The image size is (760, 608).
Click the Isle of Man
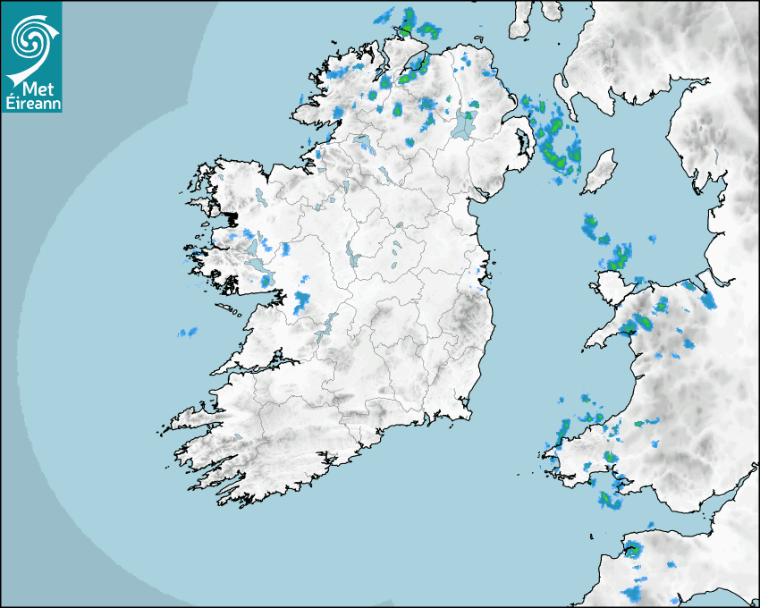[x=599, y=172]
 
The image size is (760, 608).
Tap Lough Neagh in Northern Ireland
[x=464, y=124]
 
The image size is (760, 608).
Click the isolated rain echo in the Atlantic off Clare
[x=187, y=333]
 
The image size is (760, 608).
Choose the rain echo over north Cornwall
[x=633, y=549]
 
